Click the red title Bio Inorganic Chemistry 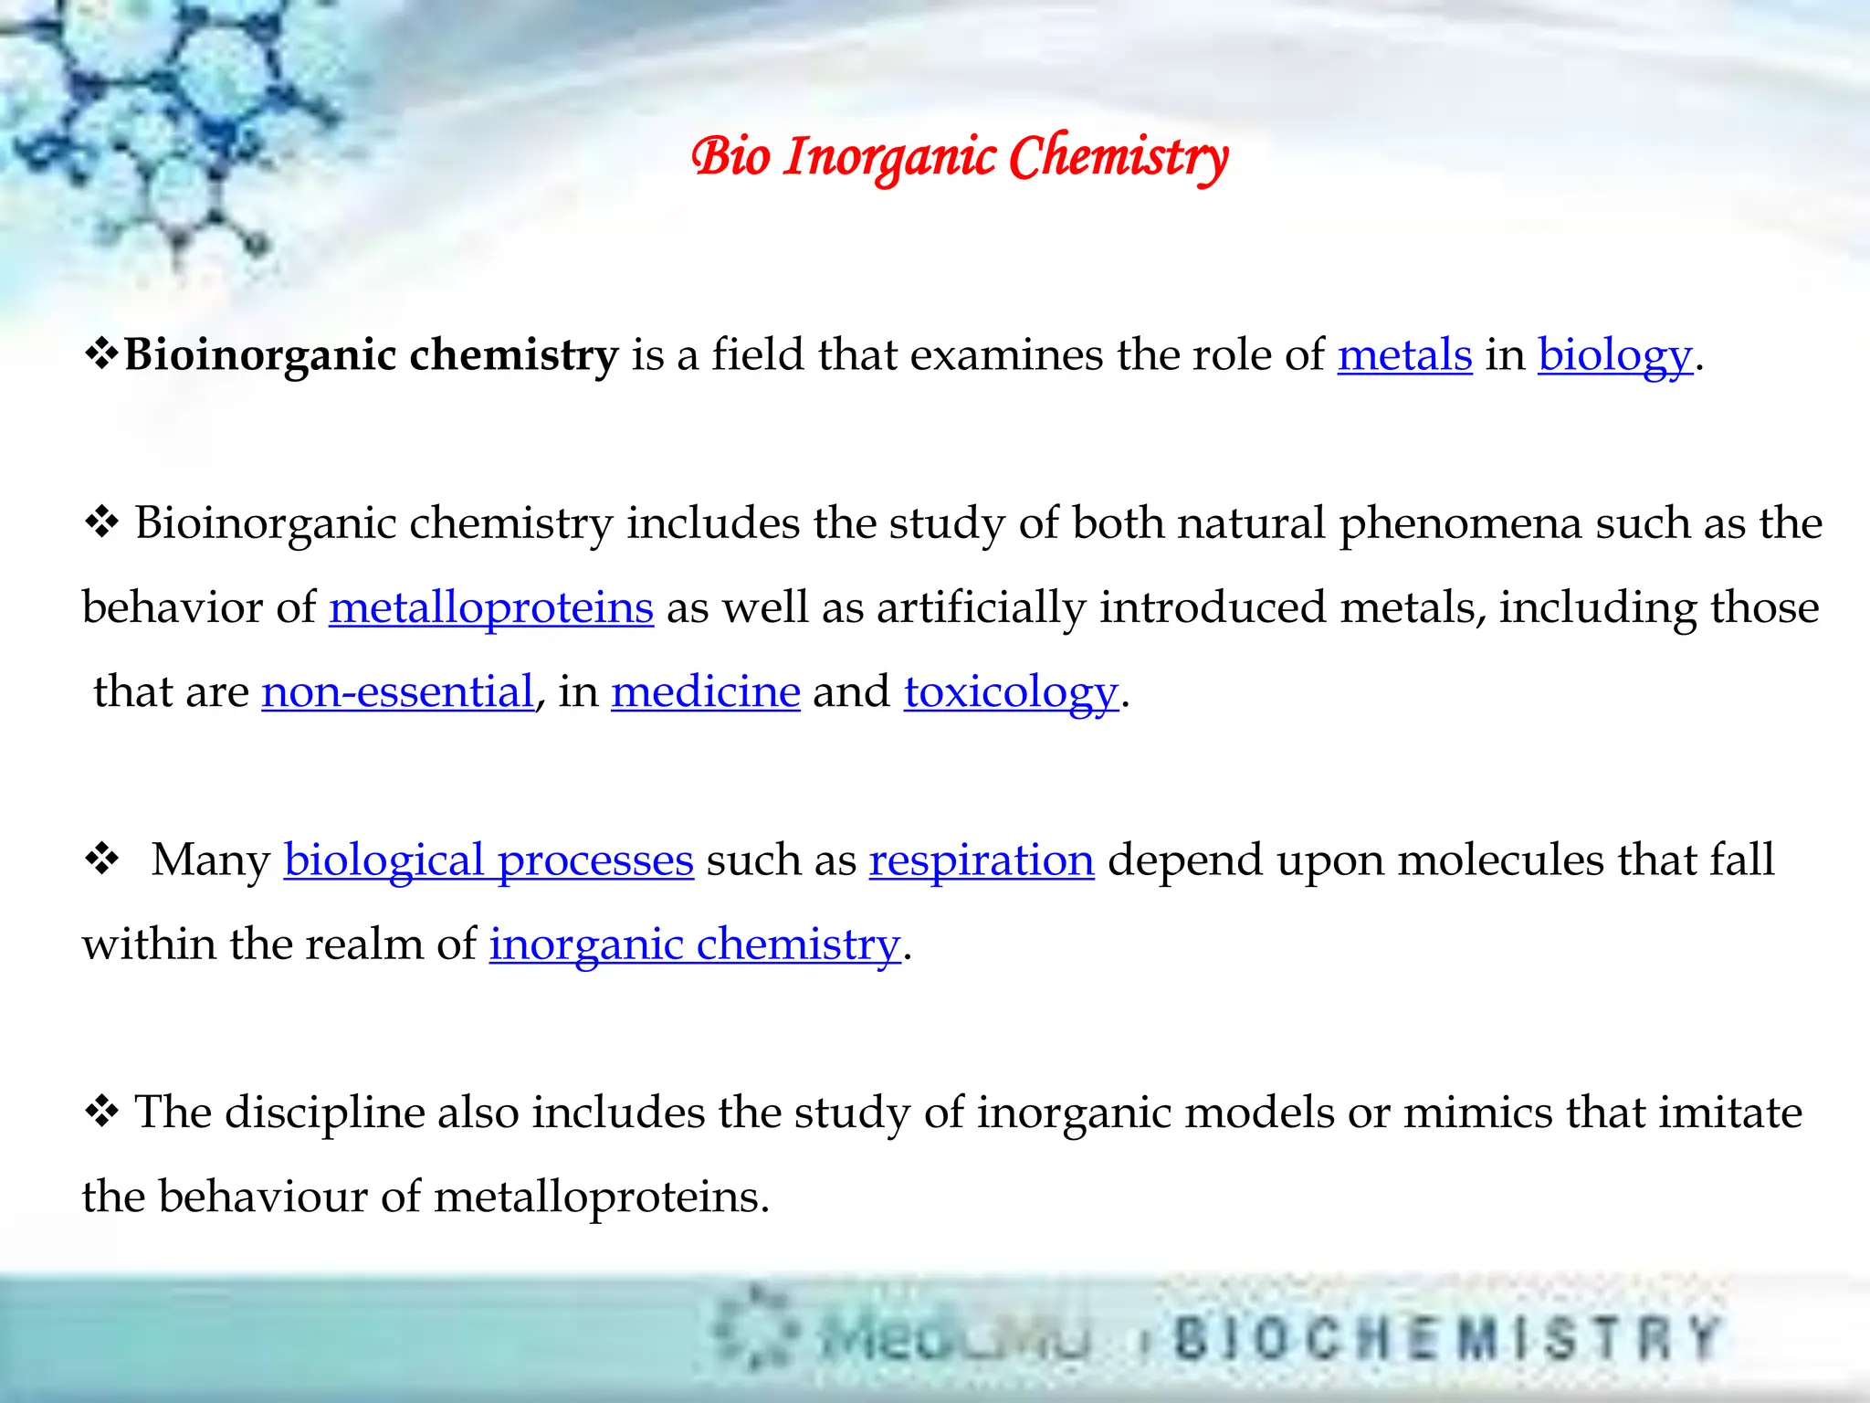(x=959, y=157)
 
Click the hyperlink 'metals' (x=1404, y=354)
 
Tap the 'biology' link (x=1614, y=354)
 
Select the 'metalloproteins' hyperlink (x=491, y=607)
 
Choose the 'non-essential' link (x=397, y=691)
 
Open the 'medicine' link (x=705, y=691)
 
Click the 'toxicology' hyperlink (x=1011, y=691)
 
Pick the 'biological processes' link (x=489, y=860)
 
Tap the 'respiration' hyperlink (x=982, y=860)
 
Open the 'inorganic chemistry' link (x=695, y=944)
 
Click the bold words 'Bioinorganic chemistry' (x=371, y=354)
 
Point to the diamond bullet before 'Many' (x=101, y=860)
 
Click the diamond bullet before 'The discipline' (x=101, y=1112)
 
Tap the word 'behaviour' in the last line (x=262, y=1197)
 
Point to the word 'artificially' (x=981, y=607)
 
